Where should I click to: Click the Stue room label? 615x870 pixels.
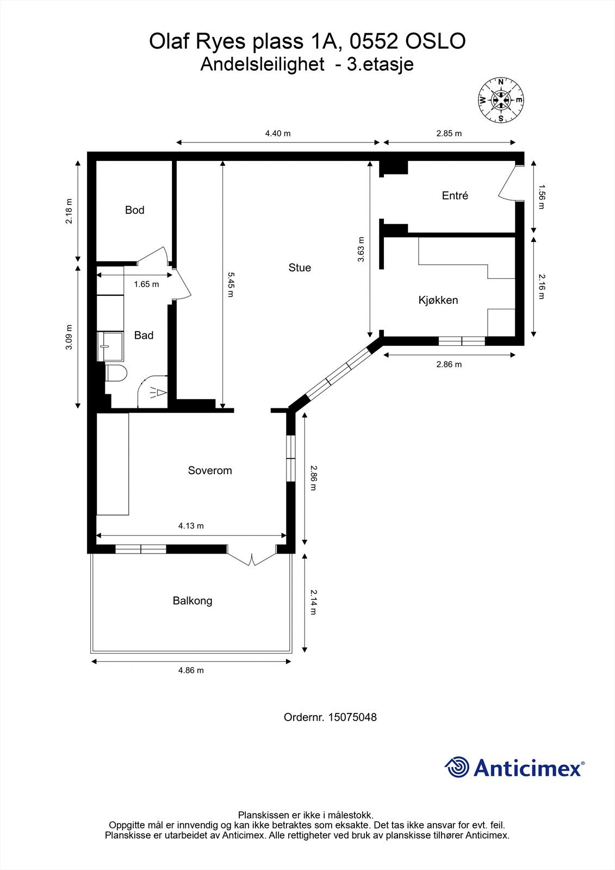click(x=300, y=268)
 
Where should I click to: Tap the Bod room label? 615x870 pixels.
click(x=134, y=210)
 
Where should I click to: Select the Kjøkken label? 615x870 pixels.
click(x=438, y=300)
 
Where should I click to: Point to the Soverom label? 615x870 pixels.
click(x=210, y=470)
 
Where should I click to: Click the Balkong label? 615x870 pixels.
click(x=192, y=601)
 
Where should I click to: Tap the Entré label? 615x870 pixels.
click(x=455, y=195)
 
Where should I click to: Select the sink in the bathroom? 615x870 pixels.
click(x=110, y=346)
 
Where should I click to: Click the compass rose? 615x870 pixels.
click(x=501, y=100)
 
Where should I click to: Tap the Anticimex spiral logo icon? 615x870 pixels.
click(x=457, y=767)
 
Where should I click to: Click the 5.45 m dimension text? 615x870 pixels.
click(x=230, y=285)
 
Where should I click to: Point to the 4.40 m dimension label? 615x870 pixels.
click(x=278, y=134)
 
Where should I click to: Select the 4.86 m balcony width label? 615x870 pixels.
click(x=191, y=670)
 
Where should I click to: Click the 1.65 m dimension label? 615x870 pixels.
click(x=146, y=284)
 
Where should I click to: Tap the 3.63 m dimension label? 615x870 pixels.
click(x=361, y=250)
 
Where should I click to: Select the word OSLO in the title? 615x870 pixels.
click(x=436, y=41)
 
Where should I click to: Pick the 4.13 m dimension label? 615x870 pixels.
click(x=191, y=526)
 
